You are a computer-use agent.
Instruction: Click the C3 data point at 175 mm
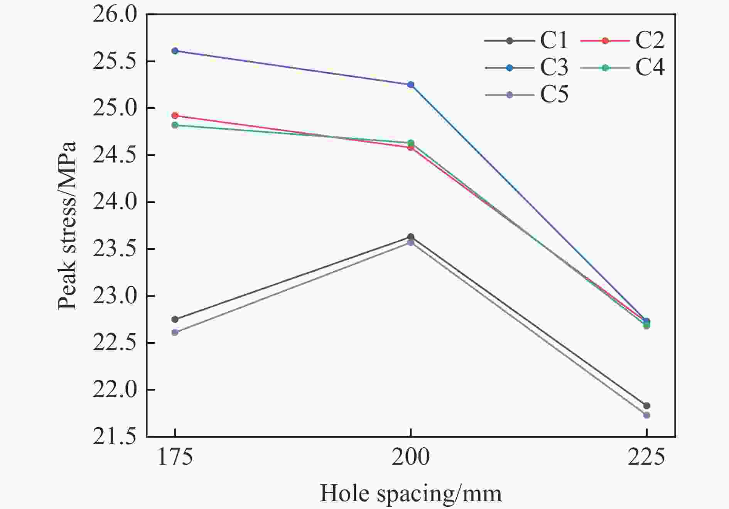pos(175,51)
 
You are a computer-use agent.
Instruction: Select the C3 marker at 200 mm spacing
pos(411,85)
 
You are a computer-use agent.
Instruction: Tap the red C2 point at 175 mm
pos(175,115)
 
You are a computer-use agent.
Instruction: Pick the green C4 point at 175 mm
pos(175,125)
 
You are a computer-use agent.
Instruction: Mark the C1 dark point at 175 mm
pos(175,319)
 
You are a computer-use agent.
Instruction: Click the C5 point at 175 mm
pos(175,332)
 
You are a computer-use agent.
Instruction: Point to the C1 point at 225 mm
pos(646,406)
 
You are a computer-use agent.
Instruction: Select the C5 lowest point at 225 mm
pos(646,415)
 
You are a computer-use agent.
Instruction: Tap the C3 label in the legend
pos(554,68)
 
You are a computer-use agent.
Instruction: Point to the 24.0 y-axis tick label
pos(115,202)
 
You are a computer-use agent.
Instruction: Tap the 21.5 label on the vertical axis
pos(115,437)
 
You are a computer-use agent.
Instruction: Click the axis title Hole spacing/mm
pos(411,494)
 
